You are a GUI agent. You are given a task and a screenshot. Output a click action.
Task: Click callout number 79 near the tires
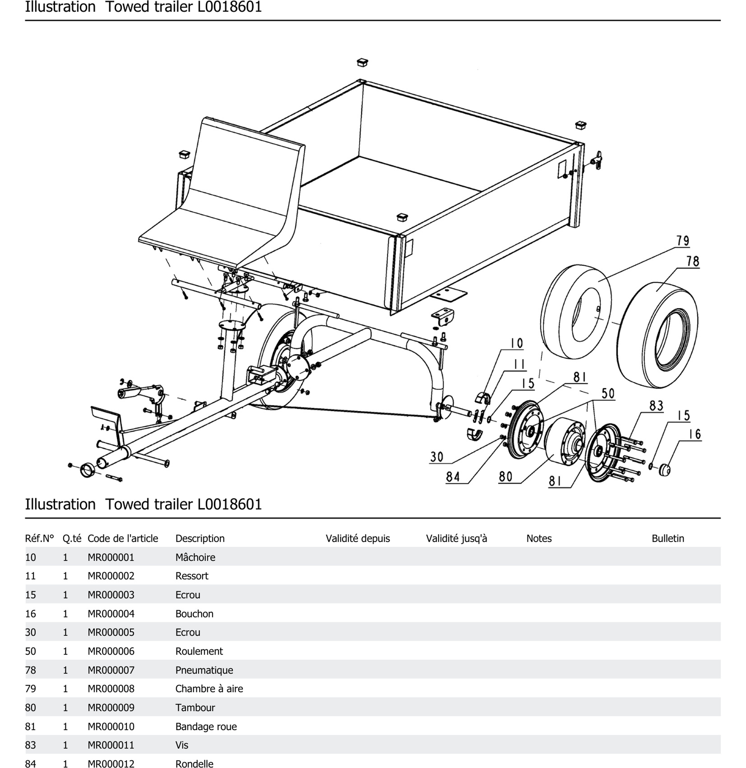tap(683, 241)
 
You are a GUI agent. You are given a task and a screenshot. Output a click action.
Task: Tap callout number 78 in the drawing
tap(693, 261)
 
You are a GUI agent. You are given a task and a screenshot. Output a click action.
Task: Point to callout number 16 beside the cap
tap(695, 434)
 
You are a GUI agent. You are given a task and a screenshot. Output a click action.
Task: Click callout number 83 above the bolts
tap(656, 406)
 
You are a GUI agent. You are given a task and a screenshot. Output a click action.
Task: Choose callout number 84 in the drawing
tap(452, 477)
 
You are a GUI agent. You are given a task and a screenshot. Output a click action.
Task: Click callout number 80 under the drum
tap(505, 477)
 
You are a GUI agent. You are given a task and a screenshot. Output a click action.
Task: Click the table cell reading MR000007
tap(111, 670)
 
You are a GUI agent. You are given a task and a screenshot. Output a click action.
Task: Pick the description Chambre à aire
tap(209, 689)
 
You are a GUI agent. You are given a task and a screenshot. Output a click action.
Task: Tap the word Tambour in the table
tap(195, 708)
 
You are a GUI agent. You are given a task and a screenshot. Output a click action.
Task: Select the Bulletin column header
tap(668, 538)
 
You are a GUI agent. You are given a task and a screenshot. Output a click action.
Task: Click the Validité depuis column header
tap(358, 538)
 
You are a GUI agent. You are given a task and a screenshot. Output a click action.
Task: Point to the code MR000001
tap(111, 557)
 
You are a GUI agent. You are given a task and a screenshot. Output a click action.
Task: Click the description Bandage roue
tap(206, 726)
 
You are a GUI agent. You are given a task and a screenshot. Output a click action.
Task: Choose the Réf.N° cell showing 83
tap(30, 745)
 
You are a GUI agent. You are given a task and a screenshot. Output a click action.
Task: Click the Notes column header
tap(539, 538)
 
